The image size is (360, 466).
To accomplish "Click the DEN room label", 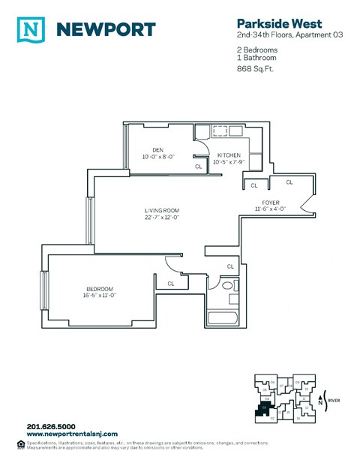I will (x=157, y=149).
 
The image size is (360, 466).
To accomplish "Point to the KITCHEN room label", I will (x=229, y=155).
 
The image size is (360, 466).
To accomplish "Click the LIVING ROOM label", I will (x=163, y=210).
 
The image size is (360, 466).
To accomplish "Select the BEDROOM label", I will (x=99, y=289).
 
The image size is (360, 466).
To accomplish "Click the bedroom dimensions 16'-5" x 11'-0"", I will (x=99, y=296).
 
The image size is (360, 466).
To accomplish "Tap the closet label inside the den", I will (x=198, y=167).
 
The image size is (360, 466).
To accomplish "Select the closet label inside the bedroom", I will (x=171, y=284).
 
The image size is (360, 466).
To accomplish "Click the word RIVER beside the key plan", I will (x=334, y=401).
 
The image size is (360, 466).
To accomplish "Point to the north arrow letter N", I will (x=322, y=403).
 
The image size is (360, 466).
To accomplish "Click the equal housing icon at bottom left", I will (x=19, y=444).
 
